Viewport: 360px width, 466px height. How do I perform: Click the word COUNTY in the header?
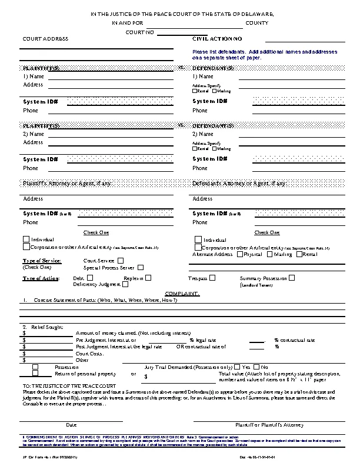tap(256, 22)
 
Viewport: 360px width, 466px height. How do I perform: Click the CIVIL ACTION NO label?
tap(217, 38)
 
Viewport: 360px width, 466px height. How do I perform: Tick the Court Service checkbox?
tap(121, 260)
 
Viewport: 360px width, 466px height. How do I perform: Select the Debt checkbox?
tap(90, 278)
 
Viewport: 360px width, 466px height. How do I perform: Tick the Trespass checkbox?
tap(212, 278)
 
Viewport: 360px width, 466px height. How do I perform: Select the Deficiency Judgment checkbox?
tap(125, 285)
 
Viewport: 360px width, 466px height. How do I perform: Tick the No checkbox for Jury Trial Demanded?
tap(257, 367)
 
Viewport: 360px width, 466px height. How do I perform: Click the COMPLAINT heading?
tap(182, 292)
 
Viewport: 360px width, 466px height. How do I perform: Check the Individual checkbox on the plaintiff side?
tap(26, 239)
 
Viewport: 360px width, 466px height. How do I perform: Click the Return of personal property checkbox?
tap(35, 374)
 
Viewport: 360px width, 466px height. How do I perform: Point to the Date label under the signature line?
tap(71, 424)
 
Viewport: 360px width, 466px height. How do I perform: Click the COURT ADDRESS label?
tap(45, 38)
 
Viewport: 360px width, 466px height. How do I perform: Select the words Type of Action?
tap(41, 278)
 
